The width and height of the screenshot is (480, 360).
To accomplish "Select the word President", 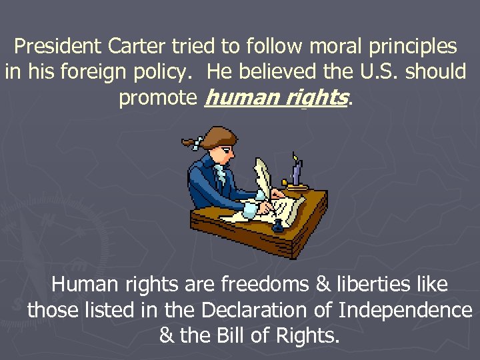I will click(57, 47).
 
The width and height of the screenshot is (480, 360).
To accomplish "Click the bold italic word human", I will click(237, 98).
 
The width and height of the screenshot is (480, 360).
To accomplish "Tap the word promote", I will click(157, 99).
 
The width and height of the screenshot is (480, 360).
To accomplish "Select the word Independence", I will click(405, 310).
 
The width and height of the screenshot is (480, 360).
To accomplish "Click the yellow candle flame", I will click(295, 157).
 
